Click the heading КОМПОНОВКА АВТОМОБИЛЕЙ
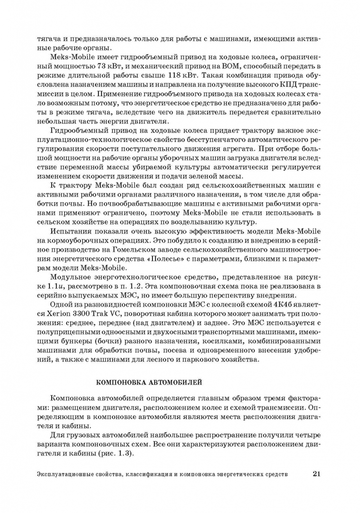pos(149,381)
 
